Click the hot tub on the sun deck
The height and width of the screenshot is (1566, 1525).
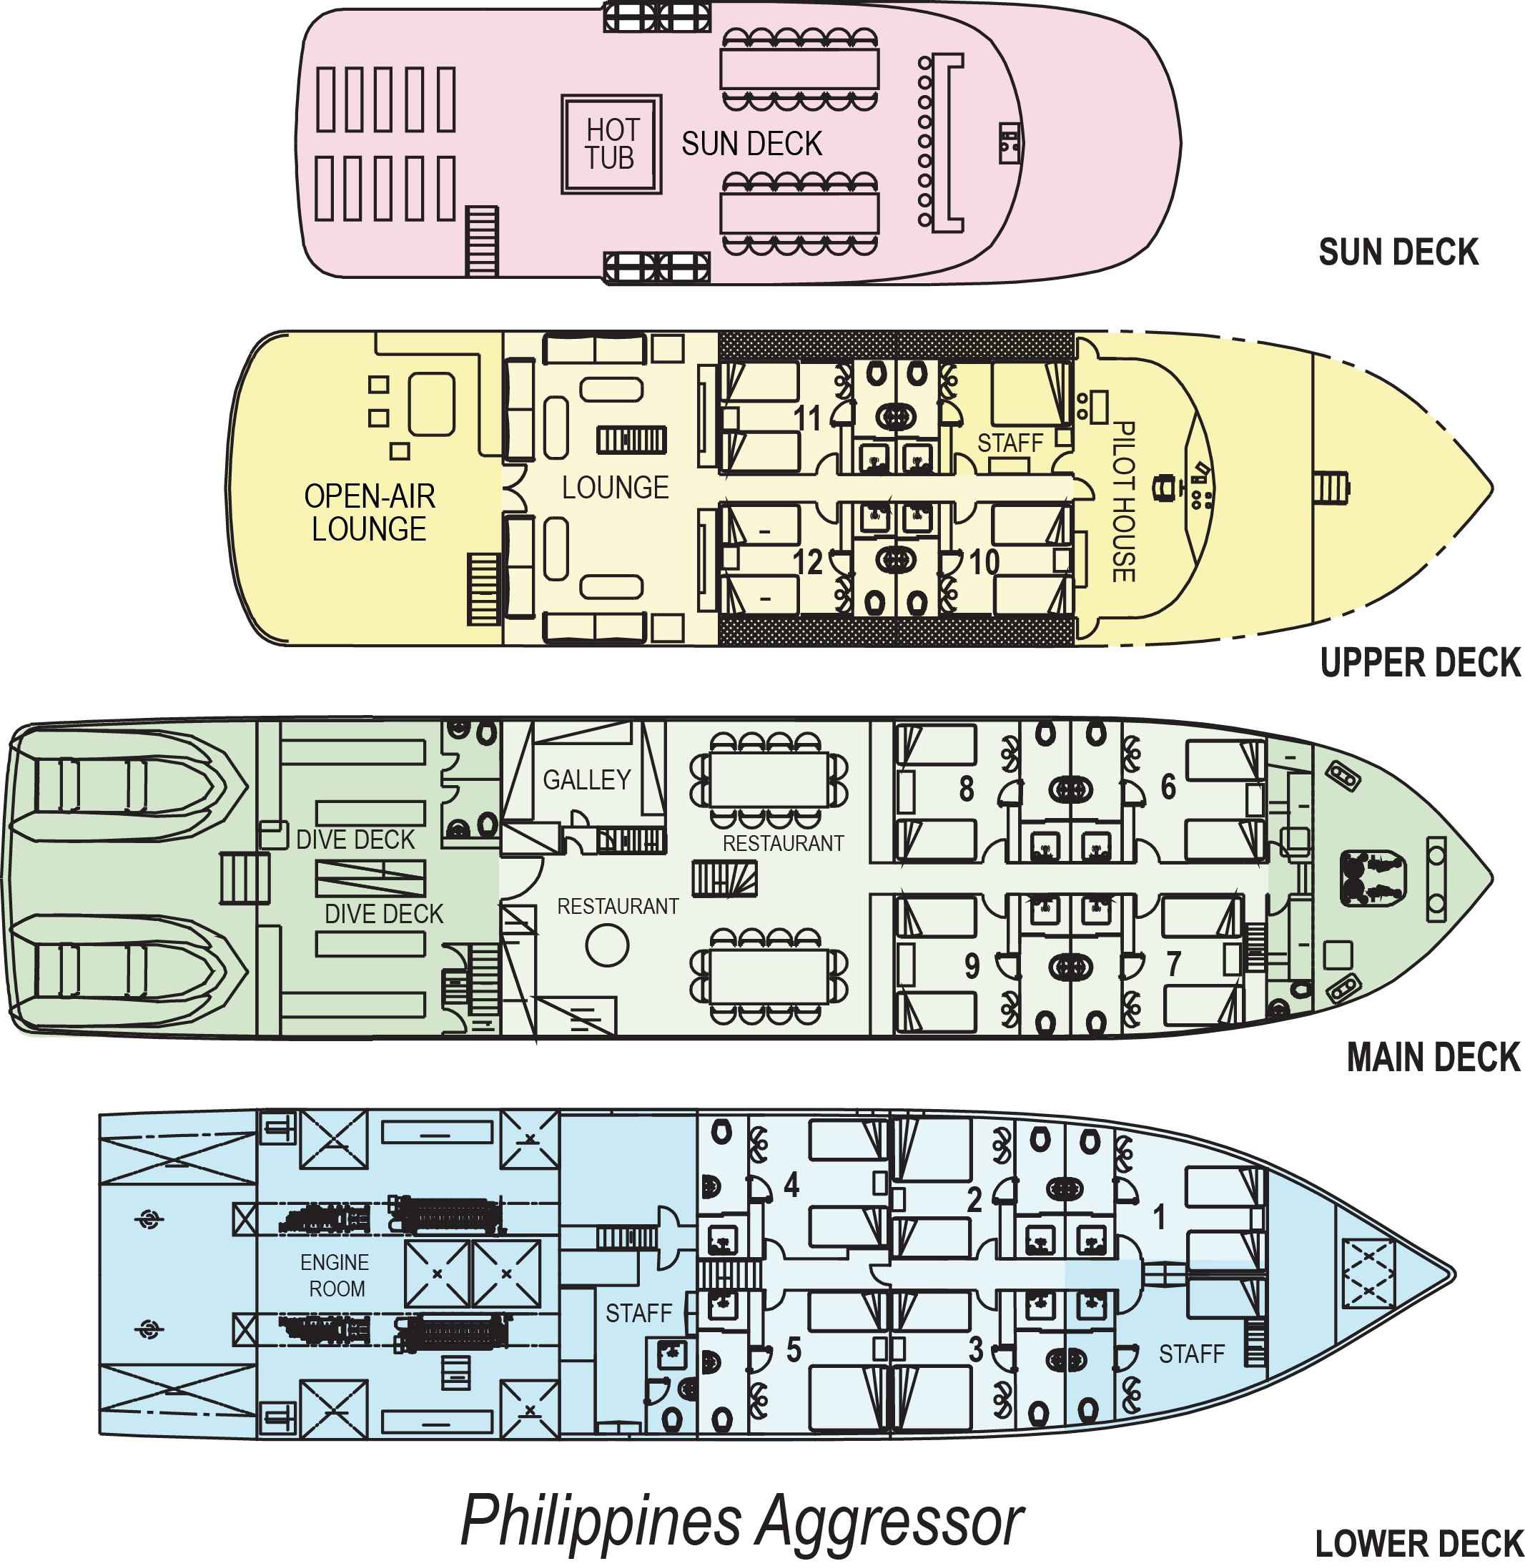pyautogui.click(x=611, y=144)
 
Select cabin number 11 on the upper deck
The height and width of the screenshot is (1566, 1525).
pyautogui.click(x=807, y=418)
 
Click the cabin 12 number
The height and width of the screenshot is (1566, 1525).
pyautogui.click(x=808, y=562)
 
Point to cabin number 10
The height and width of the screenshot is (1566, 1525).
pyautogui.click(x=984, y=562)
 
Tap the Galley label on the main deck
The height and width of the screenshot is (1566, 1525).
pyautogui.click(x=587, y=779)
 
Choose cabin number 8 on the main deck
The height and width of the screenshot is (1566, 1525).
pyautogui.click(x=967, y=789)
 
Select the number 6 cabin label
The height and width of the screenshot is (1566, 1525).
pyautogui.click(x=1168, y=787)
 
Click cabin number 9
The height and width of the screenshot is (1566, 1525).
pyautogui.click(x=972, y=966)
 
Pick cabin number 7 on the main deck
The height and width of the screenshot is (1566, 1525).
pyautogui.click(x=1173, y=965)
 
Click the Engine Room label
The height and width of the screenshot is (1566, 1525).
pyautogui.click(x=335, y=1276)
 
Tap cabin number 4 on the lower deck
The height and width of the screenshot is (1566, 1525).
pyautogui.click(x=791, y=1184)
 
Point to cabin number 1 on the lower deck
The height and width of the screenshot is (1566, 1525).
pyautogui.click(x=1159, y=1218)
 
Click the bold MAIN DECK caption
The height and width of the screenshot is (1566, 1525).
pyautogui.click(x=1433, y=1058)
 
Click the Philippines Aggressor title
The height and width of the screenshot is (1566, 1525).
pyautogui.click(x=742, y=1521)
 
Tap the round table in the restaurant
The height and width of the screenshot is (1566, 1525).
pyautogui.click(x=607, y=945)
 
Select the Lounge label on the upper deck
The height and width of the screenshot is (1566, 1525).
pyautogui.click(x=615, y=487)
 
